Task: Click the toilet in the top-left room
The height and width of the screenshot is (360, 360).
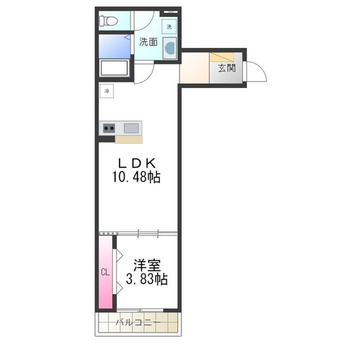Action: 108,20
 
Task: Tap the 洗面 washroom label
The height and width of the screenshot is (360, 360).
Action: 148,42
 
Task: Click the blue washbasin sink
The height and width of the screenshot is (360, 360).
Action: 170,48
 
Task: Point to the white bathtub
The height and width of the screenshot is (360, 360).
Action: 114,68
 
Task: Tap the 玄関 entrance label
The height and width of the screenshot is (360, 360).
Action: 226,68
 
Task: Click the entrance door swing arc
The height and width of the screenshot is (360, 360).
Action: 258,71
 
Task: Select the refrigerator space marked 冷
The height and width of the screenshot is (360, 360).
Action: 106,91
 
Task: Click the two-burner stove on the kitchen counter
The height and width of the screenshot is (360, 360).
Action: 108,128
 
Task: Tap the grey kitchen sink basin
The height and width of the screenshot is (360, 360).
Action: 132,127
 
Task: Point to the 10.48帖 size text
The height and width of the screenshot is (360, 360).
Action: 137,177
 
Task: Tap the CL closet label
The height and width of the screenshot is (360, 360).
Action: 105,272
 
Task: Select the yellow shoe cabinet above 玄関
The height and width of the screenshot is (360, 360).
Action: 222,56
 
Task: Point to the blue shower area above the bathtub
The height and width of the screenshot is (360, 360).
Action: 114,46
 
